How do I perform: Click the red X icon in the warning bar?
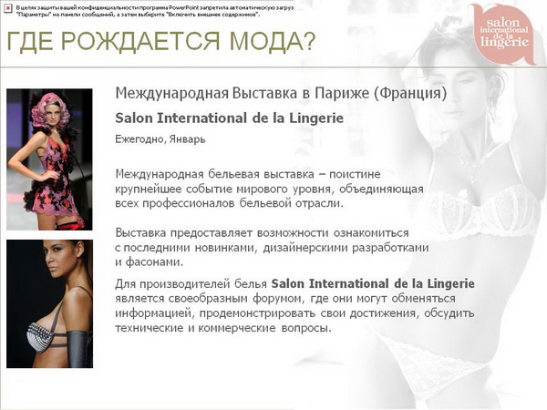8,8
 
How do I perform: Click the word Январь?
187,139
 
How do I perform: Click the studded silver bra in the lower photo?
39,336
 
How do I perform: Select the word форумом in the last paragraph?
276,299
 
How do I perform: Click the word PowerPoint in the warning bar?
184,7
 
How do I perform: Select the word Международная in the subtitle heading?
172,94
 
